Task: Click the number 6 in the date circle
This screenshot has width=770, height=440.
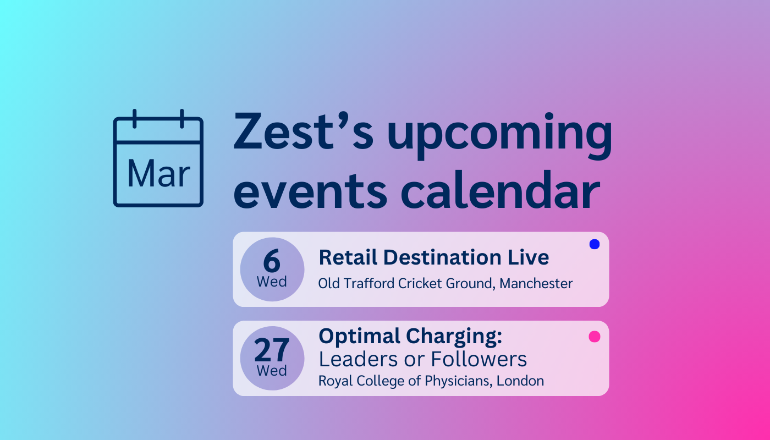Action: click(272, 262)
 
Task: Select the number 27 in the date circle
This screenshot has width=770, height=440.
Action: click(272, 350)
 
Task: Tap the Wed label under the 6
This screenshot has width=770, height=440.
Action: click(272, 282)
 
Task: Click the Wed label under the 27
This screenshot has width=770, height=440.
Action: click(272, 371)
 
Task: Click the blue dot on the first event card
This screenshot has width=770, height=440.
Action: click(594, 244)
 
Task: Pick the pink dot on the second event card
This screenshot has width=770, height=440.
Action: click(594, 337)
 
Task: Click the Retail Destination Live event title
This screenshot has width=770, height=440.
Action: click(433, 257)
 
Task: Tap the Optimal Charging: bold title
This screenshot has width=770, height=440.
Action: click(410, 336)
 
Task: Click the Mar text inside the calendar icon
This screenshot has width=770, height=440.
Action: click(158, 174)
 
